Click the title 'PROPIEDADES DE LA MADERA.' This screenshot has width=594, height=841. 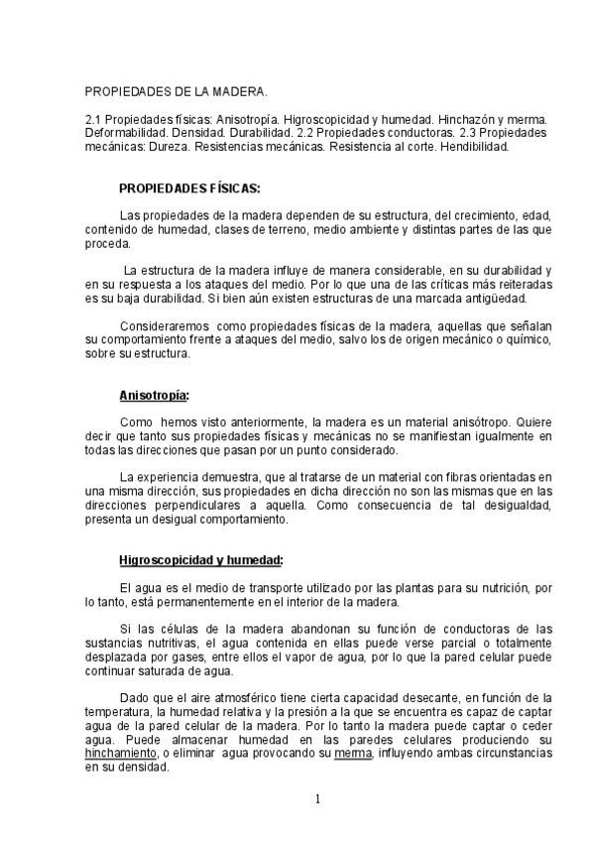pyautogui.click(x=176, y=91)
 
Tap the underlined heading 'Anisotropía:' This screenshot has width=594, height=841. pyautogui.click(x=154, y=395)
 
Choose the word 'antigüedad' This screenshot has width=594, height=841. pyautogui.click(x=496, y=298)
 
